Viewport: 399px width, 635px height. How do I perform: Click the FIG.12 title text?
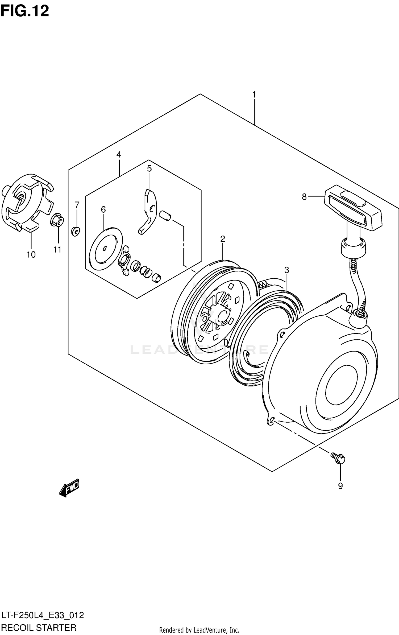coord(24,11)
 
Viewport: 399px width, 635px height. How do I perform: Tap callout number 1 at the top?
coord(254,95)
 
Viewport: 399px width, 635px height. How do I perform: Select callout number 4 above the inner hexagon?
coord(119,154)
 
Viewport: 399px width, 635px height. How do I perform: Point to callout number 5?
coord(149,168)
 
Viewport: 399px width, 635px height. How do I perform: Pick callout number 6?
coord(103,209)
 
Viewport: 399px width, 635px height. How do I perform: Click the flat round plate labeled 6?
coord(105,249)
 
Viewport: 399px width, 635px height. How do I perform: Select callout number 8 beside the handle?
coord(304,197)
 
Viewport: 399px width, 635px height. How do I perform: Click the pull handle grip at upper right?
coord(354,208)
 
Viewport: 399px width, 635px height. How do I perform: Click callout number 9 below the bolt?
coord(340,486)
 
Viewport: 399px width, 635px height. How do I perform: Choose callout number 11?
coord(57,249)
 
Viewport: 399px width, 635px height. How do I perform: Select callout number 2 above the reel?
coord(223,239)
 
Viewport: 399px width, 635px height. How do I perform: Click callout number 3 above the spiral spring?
coord(286,270)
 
